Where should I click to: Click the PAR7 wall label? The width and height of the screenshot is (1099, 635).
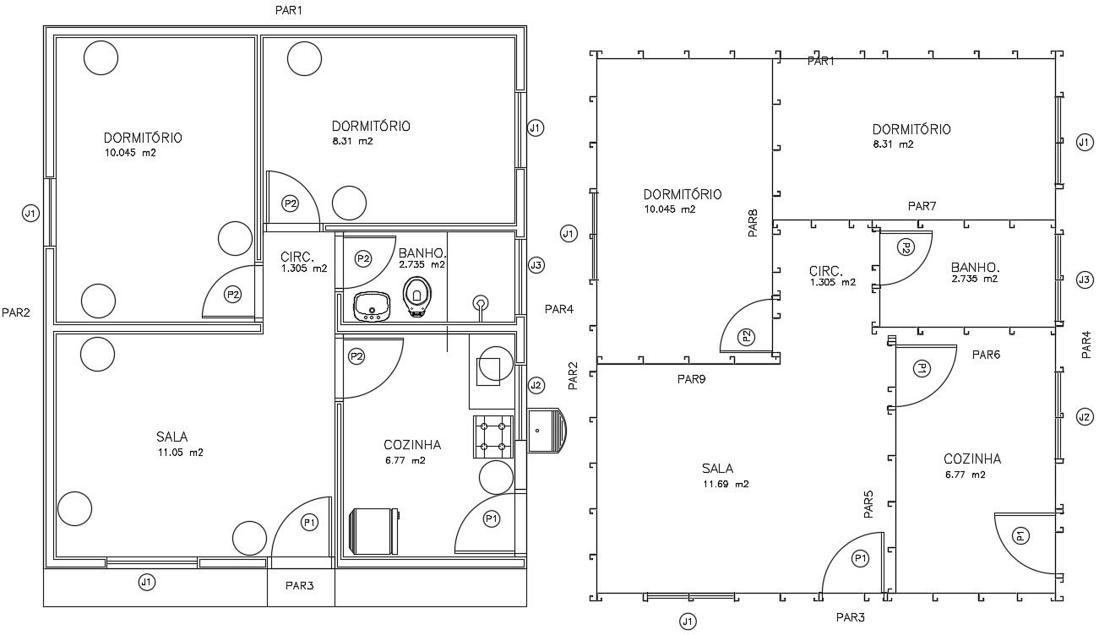pos(922,206)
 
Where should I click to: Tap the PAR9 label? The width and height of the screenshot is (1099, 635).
pos(691,379)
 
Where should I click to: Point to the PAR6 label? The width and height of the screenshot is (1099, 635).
pos(985,355)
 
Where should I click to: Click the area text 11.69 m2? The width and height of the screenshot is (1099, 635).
pos(725,485)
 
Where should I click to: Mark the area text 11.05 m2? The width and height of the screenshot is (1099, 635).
pos(179,453)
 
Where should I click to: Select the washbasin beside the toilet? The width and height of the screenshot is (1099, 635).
pos(371,306)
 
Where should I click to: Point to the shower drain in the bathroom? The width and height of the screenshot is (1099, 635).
pos(481,301)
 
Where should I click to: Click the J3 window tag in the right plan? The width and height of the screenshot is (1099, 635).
pos(1085,280)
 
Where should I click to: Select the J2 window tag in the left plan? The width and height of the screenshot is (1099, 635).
pos(535,385)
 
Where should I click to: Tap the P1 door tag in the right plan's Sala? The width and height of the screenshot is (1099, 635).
pos(860,558)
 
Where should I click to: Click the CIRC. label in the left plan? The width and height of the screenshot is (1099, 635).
pos(297,257)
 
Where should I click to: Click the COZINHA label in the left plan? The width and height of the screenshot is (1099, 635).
pos(411,446)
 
